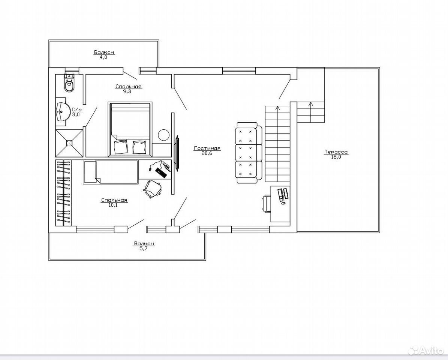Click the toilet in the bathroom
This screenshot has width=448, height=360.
point(69,83)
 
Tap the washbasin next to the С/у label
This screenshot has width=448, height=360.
point(63,112)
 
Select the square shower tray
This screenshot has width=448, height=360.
point(69,143)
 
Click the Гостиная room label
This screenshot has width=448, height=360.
point(207,148)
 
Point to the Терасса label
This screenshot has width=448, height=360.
point(336,152)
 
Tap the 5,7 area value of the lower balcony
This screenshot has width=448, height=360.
point(144,249)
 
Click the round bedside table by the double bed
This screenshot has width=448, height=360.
point(164,135)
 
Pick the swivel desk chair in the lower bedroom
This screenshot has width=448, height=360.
point(153,189)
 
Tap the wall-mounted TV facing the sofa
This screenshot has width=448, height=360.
point(178,154)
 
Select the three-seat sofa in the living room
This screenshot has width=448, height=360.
point(249,153)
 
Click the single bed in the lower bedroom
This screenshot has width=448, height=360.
point(111,172)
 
